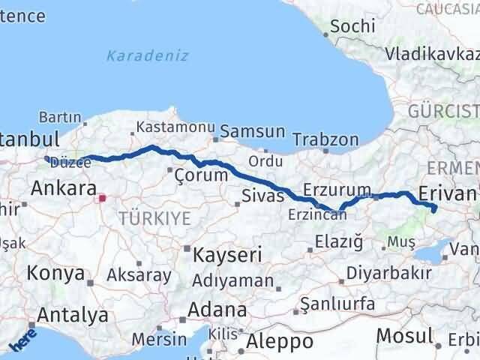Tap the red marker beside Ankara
point(103,199)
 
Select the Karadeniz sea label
point(147,55)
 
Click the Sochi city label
point(352,25)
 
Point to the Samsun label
point(253,131)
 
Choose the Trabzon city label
point(325,139)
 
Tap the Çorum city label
point(200,175)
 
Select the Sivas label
point(263,196)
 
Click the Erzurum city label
point(337,189)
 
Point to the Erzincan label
point(317,214)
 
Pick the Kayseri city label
point(227,255)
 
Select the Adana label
point(217,310)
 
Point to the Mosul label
point(404,335)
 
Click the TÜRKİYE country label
point(154,218)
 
